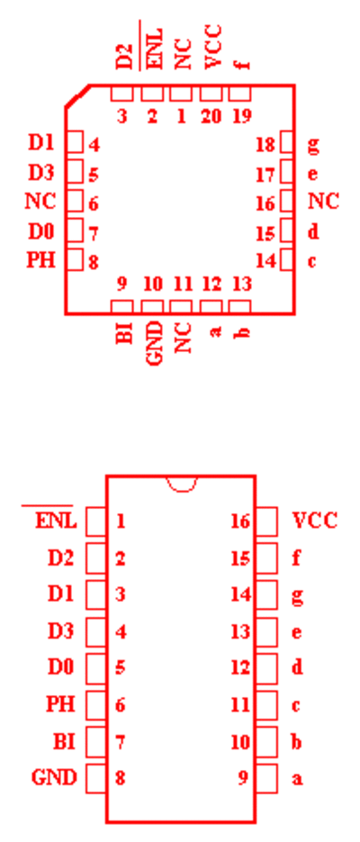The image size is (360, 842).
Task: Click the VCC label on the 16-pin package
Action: (315, 521)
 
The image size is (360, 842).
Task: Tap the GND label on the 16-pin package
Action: (54, 777)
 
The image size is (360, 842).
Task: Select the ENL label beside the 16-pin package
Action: (56, 521)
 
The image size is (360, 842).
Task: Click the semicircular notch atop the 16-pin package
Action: (182, 484)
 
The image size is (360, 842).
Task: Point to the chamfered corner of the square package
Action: (77, 96)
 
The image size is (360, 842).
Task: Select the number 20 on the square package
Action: (211, 115)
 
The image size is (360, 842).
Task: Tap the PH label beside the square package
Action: (41, 260)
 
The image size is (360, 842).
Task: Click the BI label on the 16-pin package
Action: (65, 741)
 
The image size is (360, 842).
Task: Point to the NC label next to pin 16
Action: (323, 201)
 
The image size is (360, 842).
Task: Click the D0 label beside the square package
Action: (41, 232)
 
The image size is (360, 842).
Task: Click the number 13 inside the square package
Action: (242, 284)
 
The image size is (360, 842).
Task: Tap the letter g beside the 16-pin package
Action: (298, 595)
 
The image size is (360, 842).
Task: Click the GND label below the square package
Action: (154, 344)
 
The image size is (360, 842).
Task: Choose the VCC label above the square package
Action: (213, 47)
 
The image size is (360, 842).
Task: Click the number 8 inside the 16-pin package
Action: (121, 777)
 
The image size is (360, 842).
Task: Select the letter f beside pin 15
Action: (296, 558)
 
